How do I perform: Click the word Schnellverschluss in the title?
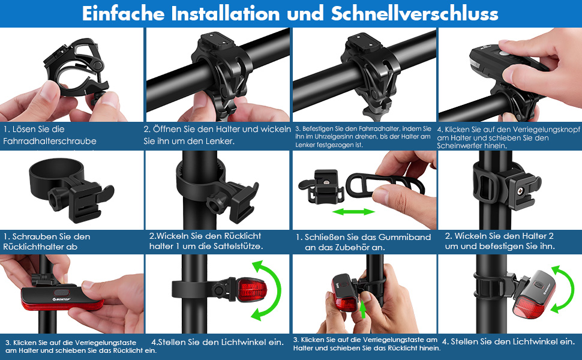(415, 13)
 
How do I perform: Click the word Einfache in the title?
(123, 13)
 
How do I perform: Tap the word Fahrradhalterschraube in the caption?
(50, 141)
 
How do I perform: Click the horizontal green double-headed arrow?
(354, 212)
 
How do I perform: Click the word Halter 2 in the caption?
(538, 236)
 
